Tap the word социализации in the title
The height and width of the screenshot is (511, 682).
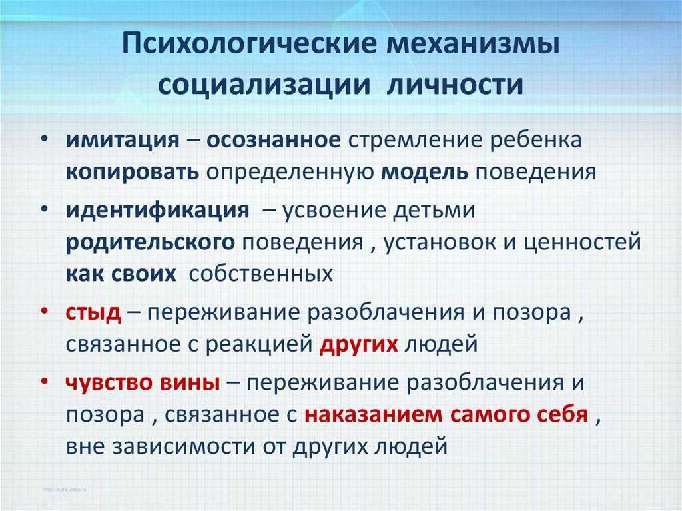click(264, 83)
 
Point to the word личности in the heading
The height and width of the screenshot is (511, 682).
click(455, 83)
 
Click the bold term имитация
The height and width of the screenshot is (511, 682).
click(123, 140)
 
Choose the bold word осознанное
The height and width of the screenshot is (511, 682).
click(274, 140)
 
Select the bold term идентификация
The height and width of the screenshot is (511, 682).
click(158, 211)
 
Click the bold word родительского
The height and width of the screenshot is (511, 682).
click(151, 243)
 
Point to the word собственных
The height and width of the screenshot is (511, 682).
click(261, 274)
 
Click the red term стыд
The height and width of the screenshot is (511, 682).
click(93, 313)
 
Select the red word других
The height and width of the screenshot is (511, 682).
click(359, 344)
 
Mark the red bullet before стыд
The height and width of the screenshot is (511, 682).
click(44, 312)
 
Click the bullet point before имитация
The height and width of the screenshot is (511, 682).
click(44, 139)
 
